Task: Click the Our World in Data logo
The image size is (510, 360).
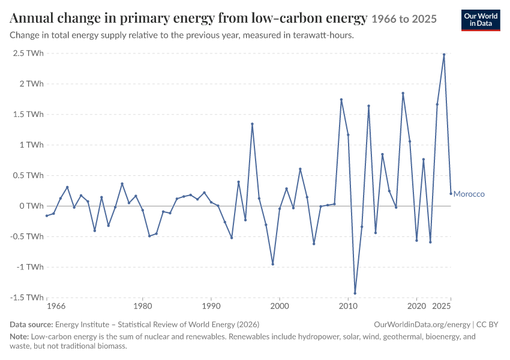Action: pos(481,20)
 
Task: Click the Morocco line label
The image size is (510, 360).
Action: pos(469,194)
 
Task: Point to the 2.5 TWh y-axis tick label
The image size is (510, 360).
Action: pos(28,53)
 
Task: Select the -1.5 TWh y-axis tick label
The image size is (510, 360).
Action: pos(27,298)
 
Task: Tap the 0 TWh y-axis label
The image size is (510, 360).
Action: pos(32,206)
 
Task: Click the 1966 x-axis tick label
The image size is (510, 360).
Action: pos(56,306)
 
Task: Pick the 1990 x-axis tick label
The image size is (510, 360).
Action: pos(211,306)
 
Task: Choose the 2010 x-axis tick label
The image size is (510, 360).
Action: pos(348,306)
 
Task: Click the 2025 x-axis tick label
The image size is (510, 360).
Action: pos(442,306)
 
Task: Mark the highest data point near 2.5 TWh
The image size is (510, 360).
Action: pos(444,55)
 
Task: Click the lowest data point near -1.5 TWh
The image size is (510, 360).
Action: pos(355,293)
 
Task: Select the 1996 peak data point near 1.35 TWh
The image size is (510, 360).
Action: pos(252,124)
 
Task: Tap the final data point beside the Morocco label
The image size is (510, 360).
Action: pos(451,194)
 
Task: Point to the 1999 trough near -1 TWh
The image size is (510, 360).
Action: pos(272,265)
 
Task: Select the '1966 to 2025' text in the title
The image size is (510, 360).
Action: pos(404,19)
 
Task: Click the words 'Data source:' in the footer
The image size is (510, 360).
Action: pos(31,325)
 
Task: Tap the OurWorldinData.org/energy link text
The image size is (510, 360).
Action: pos(422,325)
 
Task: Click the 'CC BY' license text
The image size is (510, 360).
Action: pos(487,325)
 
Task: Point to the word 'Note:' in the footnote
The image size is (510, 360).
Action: pos(19,336)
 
